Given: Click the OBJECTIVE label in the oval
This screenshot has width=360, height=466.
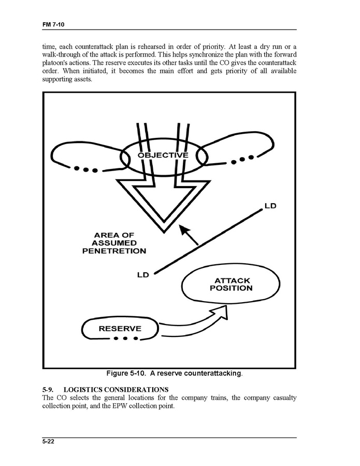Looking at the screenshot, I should coord(163,155).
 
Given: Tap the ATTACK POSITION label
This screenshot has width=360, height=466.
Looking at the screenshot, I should coord(231,284).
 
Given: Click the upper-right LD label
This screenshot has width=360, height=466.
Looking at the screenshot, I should coord(270,206).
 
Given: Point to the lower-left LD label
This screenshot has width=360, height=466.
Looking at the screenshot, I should coord(143,275).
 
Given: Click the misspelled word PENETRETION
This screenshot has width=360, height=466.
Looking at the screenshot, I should coord(114,251).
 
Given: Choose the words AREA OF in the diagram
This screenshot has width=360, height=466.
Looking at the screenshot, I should coord(114,235).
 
